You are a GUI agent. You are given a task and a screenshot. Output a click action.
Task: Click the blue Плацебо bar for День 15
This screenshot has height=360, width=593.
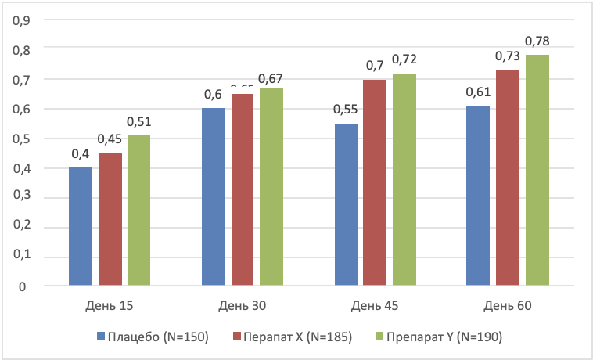point(81,227)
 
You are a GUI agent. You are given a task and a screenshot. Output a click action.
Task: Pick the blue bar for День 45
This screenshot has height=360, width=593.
point(347,205)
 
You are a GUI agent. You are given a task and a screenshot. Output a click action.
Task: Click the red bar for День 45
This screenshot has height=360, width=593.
point(376,182)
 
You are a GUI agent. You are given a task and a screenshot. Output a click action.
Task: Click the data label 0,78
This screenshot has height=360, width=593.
point(537,40)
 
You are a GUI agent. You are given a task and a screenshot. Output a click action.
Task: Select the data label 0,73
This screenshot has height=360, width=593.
point(508,56)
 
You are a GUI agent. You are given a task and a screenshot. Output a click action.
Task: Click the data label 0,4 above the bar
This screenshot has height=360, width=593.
point(81,153)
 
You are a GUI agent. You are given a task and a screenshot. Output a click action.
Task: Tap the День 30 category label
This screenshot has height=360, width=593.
point(243,305)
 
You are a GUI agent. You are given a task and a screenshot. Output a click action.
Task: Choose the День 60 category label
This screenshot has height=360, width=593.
point(508,305)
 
